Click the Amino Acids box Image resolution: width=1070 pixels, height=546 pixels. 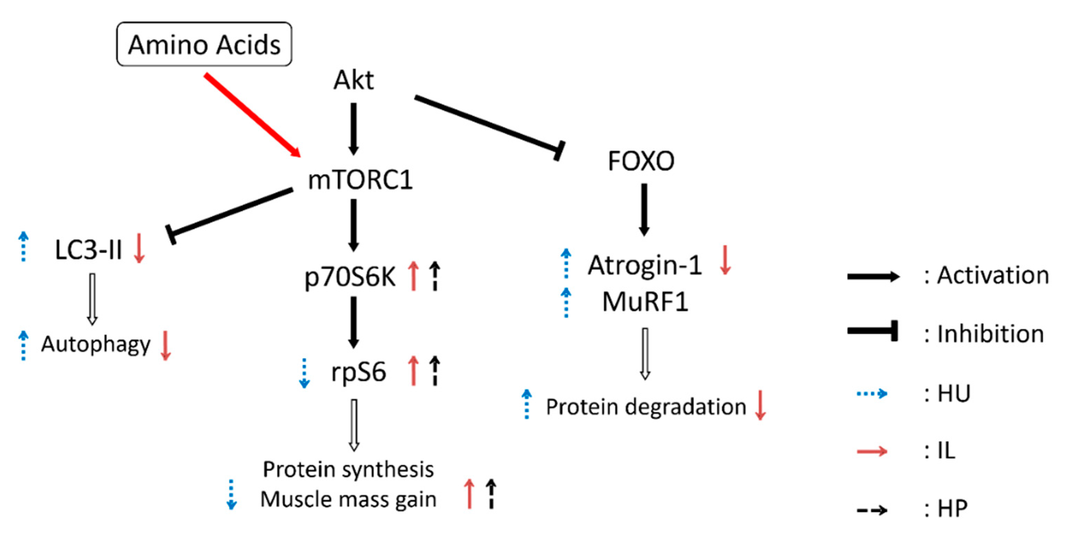pos(204,44)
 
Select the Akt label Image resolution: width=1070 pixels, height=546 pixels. pos(353,80)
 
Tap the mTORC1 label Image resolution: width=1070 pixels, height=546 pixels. pos(360,180)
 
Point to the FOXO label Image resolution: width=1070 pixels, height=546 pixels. pos(641,161)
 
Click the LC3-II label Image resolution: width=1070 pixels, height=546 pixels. pos(88,250)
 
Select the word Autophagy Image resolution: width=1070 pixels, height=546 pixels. pos(95,344)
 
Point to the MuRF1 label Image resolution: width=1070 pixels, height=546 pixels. pos(645,302)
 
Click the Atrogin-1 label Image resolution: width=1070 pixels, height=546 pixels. pos(645,265)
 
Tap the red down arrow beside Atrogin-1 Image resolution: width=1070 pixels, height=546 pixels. pos(725,260)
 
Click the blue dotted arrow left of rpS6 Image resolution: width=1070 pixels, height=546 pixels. pos(304,373)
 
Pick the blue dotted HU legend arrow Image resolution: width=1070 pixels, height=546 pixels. pos(872,393)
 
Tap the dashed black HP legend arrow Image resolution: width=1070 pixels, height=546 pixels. pos(872,510)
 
